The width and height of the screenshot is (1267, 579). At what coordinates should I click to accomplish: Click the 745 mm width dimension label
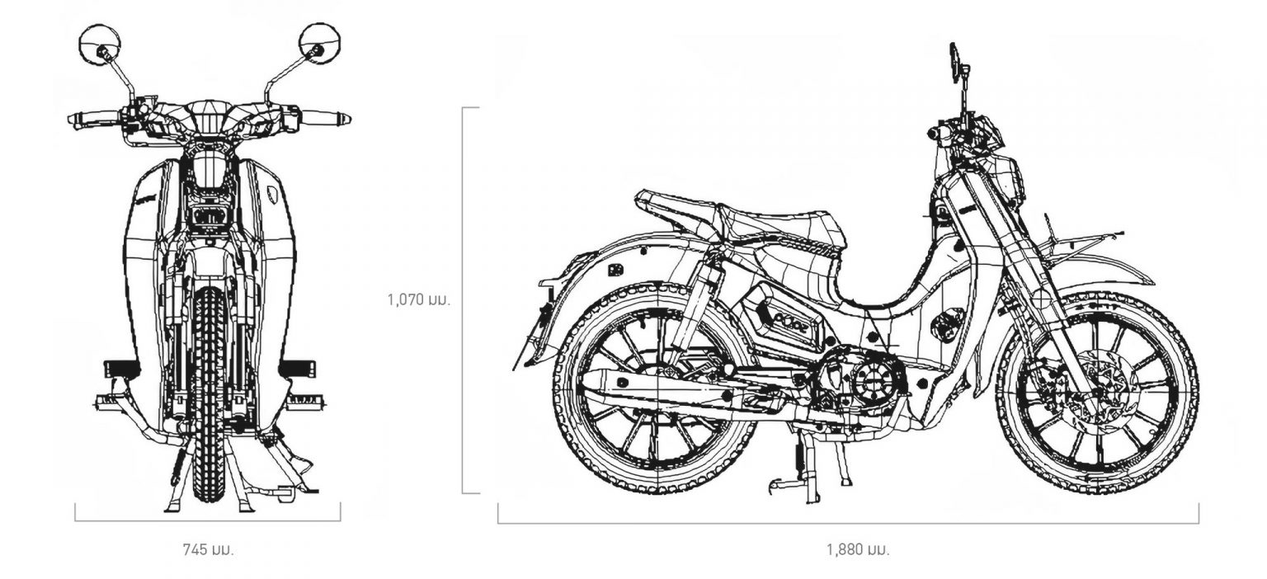click(x=208, y=549)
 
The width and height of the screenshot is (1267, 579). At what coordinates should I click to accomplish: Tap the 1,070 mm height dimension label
click(x=419, y=299)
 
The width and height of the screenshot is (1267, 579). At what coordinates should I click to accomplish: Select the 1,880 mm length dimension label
click(x=858, y=549)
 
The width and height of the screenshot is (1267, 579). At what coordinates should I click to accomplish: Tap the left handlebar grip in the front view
click(x=93, y=120)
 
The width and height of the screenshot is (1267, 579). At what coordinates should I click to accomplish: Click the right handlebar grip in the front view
click(x=325, y=118)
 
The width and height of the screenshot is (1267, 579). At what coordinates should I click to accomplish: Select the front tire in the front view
click(x=209, y=395)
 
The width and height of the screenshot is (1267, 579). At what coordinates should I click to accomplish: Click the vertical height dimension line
click(x=464, y=299)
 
